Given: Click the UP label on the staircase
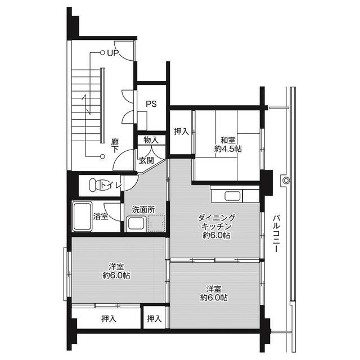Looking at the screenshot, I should [112, 53].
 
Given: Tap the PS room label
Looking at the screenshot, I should [151, 103].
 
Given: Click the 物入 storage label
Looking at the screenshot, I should [151, 139].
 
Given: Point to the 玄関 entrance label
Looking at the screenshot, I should [147, 160].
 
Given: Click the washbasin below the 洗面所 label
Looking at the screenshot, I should [135, 224].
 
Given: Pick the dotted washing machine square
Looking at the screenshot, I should [156, 223].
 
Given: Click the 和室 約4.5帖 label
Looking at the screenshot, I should [228, 145].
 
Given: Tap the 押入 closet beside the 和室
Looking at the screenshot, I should [181, 132].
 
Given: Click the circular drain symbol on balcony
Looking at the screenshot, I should [286, 181].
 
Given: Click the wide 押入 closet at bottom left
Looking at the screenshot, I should [109, 318].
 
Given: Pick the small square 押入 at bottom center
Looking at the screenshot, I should [154, 318].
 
